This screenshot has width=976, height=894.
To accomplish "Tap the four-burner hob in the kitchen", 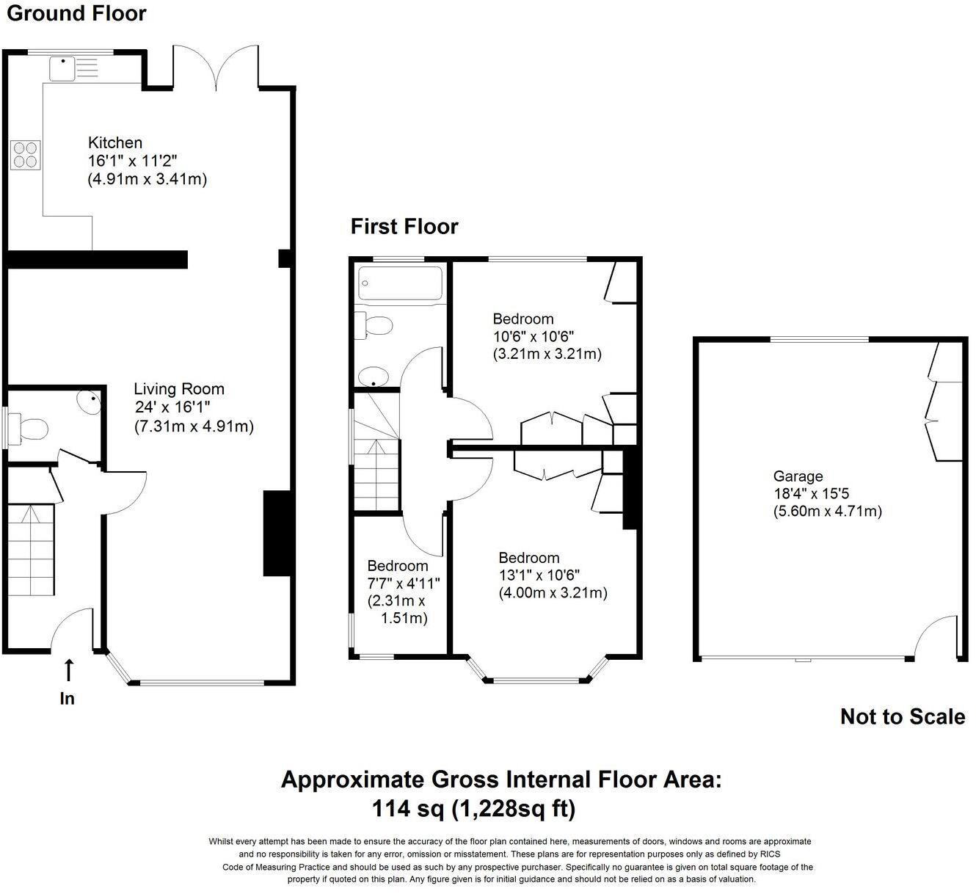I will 26,155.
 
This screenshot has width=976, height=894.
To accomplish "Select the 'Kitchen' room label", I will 115,142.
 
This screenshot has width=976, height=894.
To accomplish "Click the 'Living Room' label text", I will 179,389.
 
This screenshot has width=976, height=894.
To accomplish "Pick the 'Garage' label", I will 798,476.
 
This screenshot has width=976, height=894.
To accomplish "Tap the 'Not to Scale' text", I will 902,716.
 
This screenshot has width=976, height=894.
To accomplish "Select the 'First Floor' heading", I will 404,226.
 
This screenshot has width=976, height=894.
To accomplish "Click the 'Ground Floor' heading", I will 76,13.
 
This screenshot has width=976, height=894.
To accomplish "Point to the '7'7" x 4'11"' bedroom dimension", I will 403,584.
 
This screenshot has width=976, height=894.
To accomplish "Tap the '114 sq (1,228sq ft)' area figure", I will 473,809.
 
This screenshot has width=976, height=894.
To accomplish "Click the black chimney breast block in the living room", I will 274,534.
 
